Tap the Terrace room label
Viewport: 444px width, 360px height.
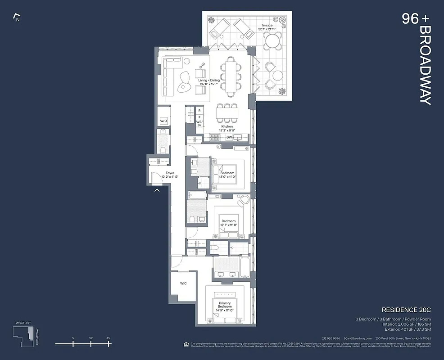click(267, 25)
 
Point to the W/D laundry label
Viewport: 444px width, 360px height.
click(164, 121)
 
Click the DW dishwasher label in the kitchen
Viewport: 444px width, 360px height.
click(229, 137)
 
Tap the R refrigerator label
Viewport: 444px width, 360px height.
click(199, 110)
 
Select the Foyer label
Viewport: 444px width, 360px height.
click(170, 173)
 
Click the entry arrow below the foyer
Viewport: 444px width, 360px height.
click(157, 191)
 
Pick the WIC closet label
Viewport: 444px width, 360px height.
click(183, 283)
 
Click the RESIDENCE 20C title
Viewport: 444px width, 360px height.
click(406, 310)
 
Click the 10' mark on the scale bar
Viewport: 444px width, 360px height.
click(91, 338)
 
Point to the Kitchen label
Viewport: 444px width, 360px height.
click(227, 127)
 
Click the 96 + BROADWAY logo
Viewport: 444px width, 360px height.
click(417, 58)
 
